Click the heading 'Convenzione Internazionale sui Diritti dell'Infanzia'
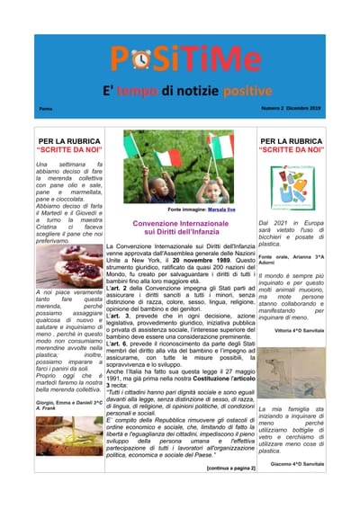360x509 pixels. [x=176, y=227]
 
